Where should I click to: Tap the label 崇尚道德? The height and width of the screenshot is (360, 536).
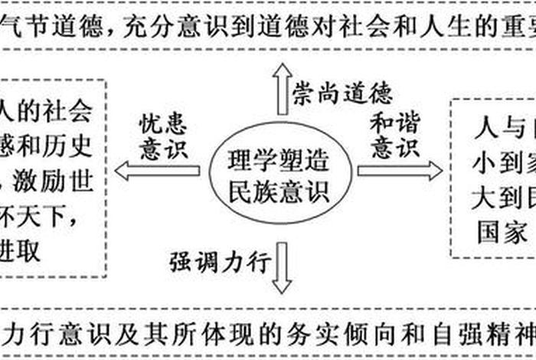(x=342, y=91)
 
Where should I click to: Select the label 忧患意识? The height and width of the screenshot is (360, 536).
(x=163, y=136)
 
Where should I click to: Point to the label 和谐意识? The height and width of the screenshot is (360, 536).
(x=395, y=135)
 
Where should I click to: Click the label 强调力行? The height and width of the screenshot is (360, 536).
(x=220, y=262)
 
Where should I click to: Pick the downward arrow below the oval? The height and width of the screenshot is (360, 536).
(x=282, y=268)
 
